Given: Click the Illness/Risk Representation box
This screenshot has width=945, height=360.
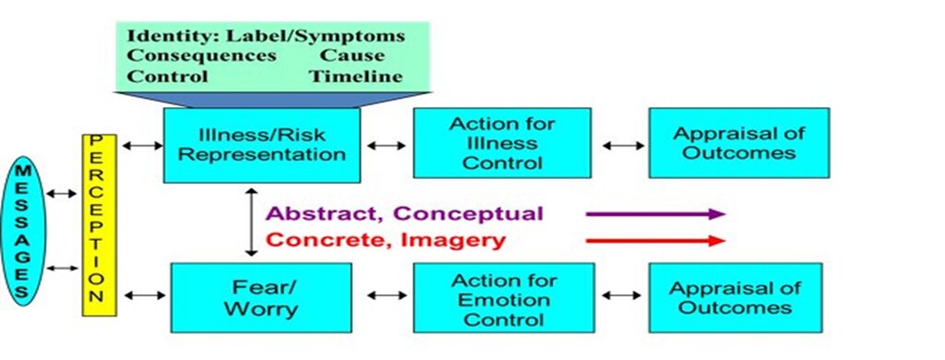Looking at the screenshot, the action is coord(262,145).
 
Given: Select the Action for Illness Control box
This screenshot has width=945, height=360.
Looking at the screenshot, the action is coord(502,143).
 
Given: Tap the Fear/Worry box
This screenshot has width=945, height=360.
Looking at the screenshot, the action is coord(261,297).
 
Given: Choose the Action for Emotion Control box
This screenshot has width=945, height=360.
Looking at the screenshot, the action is coord(504,298).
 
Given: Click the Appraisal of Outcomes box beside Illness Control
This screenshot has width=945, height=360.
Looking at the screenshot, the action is coord(739,143).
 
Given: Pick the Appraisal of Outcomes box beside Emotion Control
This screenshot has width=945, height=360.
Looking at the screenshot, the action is coord(736,298).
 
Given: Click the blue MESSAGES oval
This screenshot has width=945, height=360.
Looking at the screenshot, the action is coord(22,231).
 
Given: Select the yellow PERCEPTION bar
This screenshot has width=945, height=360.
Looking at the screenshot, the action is coord(99,225).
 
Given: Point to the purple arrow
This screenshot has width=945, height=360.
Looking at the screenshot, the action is coord(655,213).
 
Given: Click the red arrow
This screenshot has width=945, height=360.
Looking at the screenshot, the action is coord(655,241).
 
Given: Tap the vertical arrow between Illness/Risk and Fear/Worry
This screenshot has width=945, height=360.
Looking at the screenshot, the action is coord(251,222).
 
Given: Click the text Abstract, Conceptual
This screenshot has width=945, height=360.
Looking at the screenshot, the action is coord(404,213).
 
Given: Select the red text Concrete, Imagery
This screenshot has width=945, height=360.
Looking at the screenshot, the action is coord(386,240).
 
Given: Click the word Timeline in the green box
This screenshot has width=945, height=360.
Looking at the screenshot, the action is coord(355,77).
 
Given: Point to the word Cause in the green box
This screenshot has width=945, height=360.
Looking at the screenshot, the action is coord(352,55).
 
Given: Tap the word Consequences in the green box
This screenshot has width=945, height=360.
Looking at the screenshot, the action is coord(202,55).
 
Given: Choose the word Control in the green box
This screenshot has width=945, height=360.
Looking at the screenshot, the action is coord(168,77).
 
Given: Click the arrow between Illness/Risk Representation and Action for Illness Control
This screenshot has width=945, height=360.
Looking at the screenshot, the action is coord(387,145).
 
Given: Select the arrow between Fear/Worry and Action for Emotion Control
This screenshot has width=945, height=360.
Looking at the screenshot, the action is coord(387,295).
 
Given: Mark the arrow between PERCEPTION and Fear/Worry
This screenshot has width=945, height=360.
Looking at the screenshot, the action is coord(144,295).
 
